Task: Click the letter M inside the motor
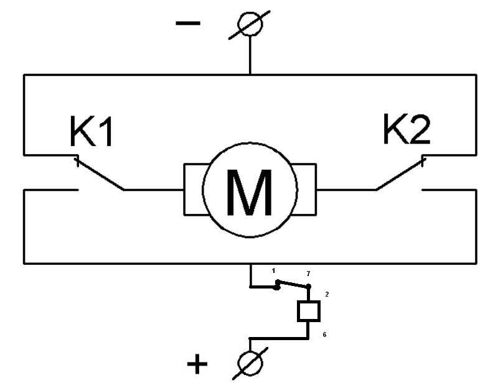[x=250, y=192]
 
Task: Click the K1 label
[x=91, y=131]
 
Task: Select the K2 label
[x=407, y=129]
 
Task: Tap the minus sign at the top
[x=188, y=23]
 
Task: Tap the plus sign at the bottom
[x=197, y=364]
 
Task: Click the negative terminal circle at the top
[x=250, y=24]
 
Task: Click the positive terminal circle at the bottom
[x=250, y=363]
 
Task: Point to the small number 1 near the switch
[x=273, y=270]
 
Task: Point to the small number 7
[x=308, y=274]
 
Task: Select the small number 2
[x=327, y=294]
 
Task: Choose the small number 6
[x=324, y=335]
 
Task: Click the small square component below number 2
[x=308, y=312]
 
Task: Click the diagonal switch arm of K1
[x=100, y=174]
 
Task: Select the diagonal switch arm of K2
[x=400, y=174]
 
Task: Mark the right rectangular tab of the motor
[x=305, y=190]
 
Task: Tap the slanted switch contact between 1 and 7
[x=293, y=284]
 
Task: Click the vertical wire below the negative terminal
[x=250, y=55]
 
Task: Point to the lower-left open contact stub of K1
[x=51, y=190]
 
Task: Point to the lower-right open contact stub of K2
[x=449, y=190]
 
